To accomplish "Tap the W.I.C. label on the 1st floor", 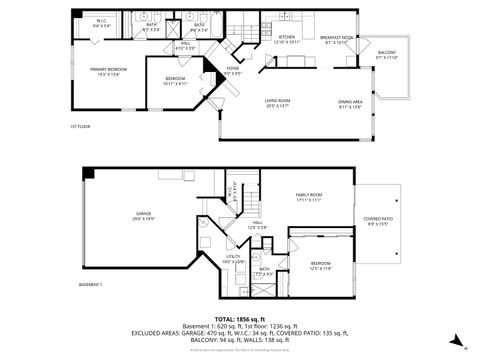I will (102, 23).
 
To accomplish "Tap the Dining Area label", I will (350, 104).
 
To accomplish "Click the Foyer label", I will (232, 71).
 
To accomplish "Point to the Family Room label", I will (308, 197).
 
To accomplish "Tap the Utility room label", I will (234, 259).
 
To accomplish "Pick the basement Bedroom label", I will (320, 265).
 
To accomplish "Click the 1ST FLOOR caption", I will (80, 127).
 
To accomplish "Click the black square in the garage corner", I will (89, 174).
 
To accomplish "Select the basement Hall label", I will (257, 225).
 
